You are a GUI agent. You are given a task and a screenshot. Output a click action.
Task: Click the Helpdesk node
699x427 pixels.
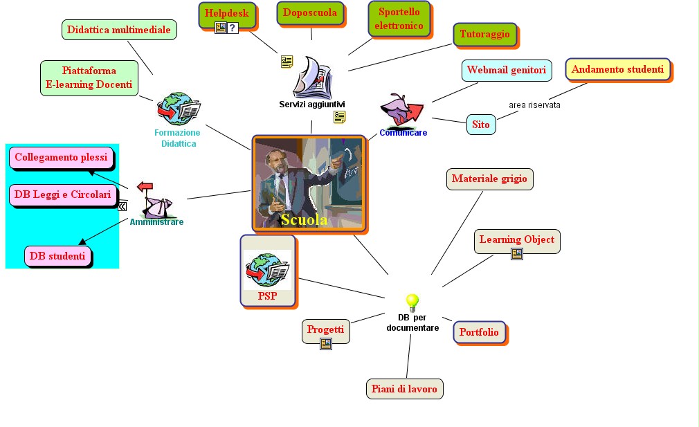[x=226, y=13]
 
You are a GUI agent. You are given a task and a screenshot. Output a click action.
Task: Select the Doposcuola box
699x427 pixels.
[x=310, y=13]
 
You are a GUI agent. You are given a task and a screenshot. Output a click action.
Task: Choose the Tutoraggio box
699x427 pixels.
[x=484, y=34]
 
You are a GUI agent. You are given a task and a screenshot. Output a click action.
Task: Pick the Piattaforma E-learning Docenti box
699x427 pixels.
[x=89, y=78]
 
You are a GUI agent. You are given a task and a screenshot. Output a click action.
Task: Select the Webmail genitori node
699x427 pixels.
[x=506, y=70]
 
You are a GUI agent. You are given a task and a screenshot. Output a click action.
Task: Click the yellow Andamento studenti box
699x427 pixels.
[x=617, y=69]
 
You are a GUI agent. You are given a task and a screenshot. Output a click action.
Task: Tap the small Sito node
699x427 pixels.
[x=481, y=125]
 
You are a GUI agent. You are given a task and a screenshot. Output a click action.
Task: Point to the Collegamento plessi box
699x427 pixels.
[x=61, y=157]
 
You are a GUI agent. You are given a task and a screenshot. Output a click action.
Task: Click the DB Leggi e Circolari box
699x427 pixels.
[x=62, y=194]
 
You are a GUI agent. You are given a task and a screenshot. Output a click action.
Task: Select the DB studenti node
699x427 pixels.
[x=58, y=256]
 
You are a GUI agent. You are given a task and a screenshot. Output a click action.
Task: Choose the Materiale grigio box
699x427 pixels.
[x=489, y=179]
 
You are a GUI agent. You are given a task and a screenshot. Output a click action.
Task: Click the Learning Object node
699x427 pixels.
[x=516, y=239]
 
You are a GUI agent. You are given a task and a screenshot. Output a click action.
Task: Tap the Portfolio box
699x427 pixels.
[x=479, y=332]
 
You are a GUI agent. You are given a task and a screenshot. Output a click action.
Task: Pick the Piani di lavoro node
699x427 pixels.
[x=403, y=389]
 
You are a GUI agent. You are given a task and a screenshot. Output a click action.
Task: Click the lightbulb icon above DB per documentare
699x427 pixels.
[x=412, y=302]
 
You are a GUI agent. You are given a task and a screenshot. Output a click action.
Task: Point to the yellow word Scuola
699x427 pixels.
[x=304, y=220]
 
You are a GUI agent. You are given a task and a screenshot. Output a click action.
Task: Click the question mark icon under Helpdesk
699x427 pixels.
[x=233, y=28]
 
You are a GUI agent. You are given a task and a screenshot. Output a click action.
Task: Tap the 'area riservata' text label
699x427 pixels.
[x=534, y=105]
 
